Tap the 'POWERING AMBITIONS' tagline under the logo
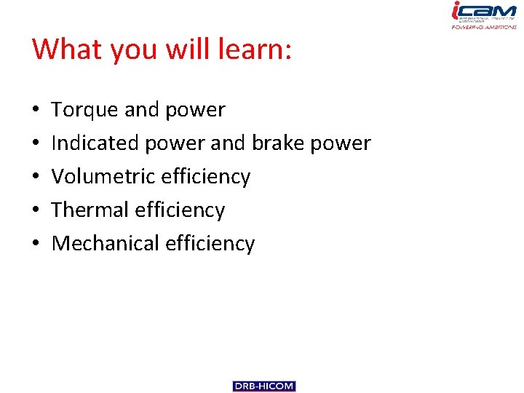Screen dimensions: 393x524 click(x=484, y=26)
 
